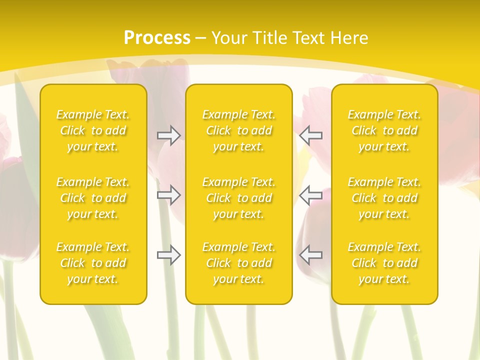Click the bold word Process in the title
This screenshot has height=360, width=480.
tap(157, 38)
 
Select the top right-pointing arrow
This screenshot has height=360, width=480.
tap(168, 135)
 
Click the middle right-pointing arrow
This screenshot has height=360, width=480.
tap(168, 195)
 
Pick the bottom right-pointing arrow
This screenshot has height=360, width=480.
tap(168, 255)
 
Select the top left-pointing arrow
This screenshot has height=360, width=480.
tap(311, 135)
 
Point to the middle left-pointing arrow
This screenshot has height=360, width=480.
tap(311, 195)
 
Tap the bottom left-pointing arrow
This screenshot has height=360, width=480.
tap(311, 255)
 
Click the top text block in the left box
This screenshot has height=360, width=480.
tap(93, 130)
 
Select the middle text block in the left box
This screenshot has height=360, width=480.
tap(93, 198)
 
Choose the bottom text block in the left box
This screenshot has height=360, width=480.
tap(93, 263)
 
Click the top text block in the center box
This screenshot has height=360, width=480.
tap(238, 130)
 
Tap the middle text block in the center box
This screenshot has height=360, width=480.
tap(238, 198)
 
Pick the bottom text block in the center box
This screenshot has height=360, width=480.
tap(238, 263)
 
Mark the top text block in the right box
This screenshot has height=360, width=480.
tap(384, 130)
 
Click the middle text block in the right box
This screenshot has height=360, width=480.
tap(384, 198)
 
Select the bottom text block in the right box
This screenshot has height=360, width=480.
tap(384, 263)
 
